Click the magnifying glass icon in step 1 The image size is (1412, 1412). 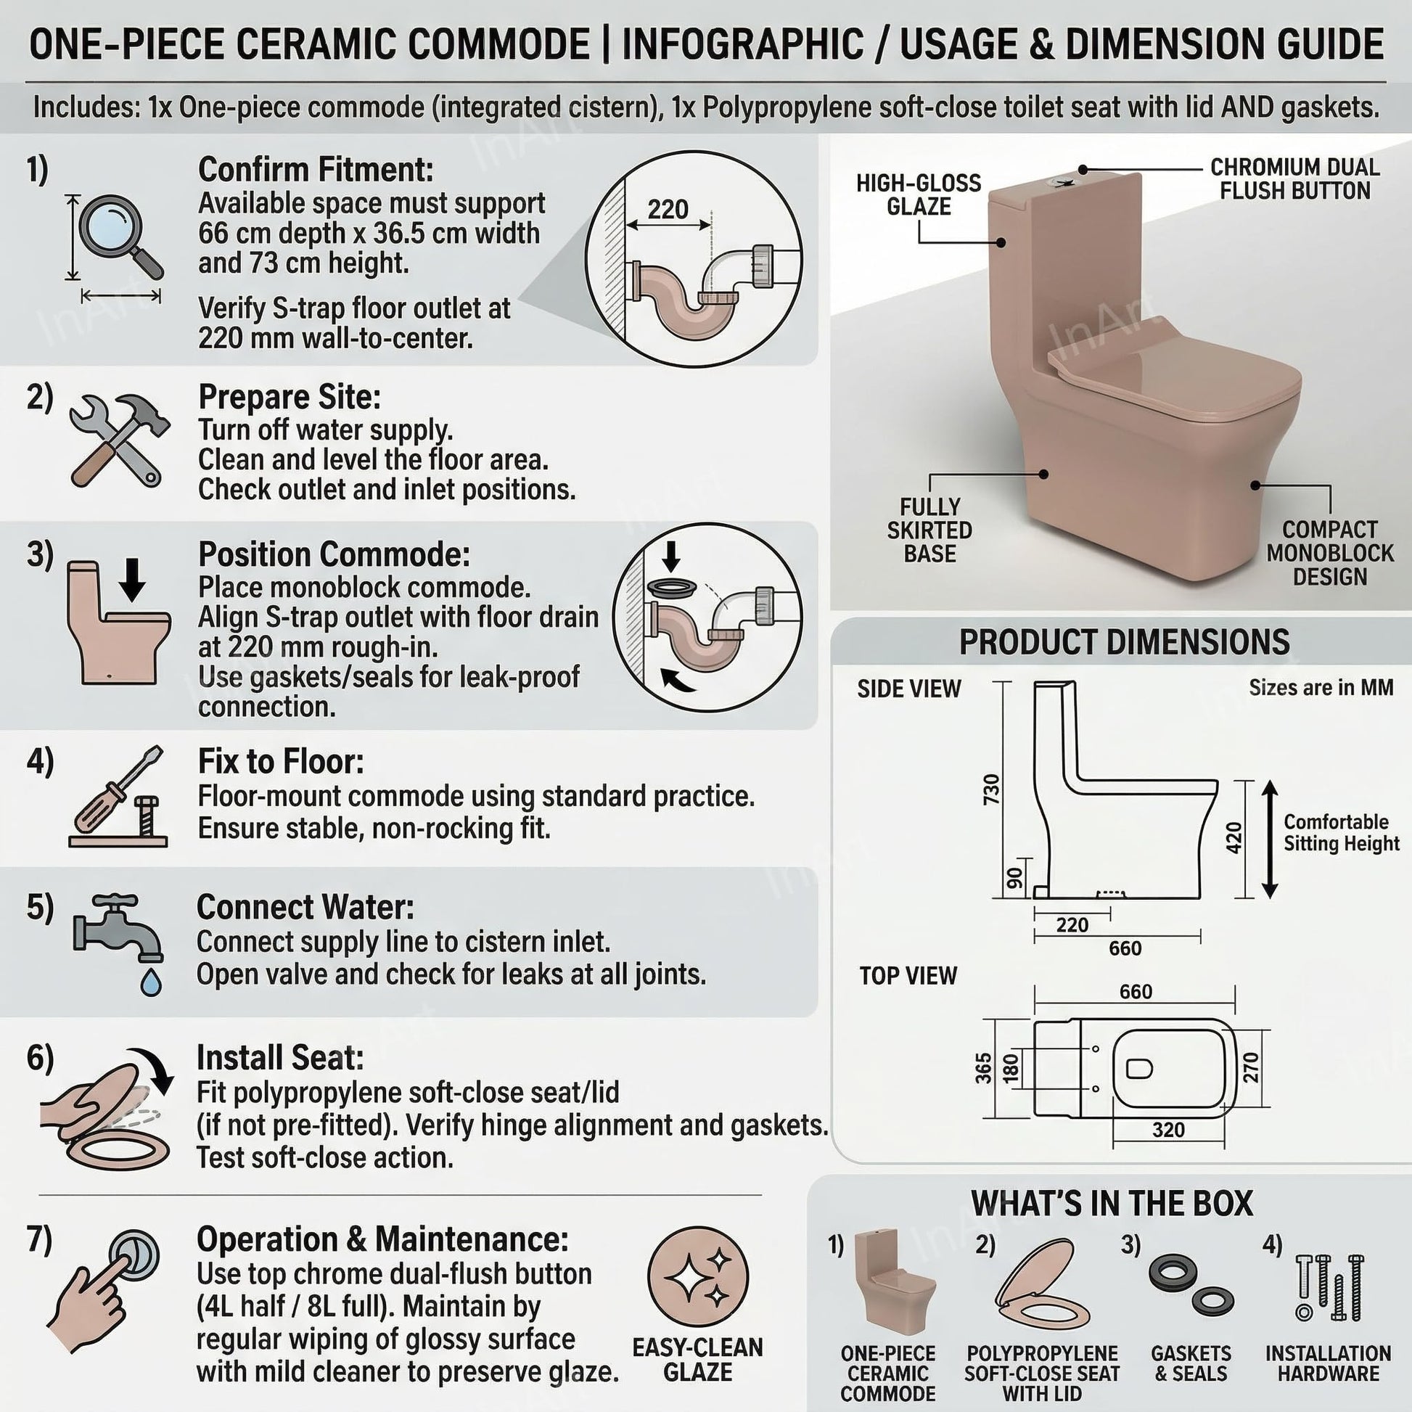coord(120,236)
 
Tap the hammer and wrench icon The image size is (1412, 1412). coord(119,440)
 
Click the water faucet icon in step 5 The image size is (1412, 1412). coord(120,943)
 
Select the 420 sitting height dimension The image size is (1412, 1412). coord(1234,837)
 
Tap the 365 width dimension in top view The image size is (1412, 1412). coord(984,1068)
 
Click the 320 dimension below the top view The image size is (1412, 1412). coord(1168,1130)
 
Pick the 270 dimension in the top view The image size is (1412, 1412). coord(1251,1068)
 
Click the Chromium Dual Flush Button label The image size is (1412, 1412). coord(1295,178)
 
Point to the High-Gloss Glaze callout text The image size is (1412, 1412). coord(919,194)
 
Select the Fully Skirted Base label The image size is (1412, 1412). coord(929,530)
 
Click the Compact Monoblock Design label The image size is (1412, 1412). coord(1330,552)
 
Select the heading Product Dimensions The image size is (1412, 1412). coord(1124,641)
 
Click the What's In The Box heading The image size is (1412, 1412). coord(1112,1203)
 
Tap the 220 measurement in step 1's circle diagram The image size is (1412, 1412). coord(668,210)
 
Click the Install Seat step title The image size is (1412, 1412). coord(280,1057)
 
